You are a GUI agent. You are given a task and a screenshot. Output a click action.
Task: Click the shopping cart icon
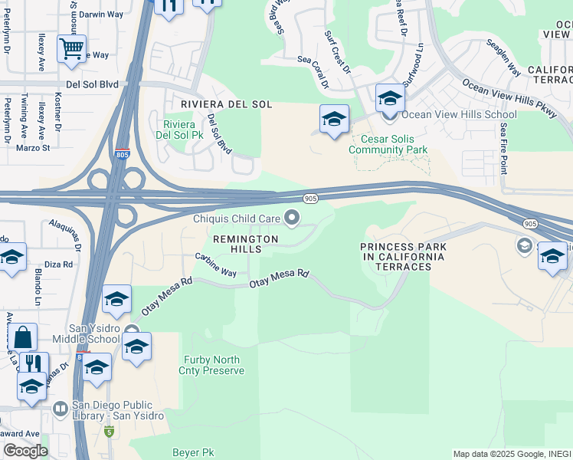(x=71, y=49)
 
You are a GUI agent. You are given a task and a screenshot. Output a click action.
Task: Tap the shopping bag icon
(x=24, y=337)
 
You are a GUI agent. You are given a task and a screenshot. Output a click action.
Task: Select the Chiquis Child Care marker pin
(x=292, y=219)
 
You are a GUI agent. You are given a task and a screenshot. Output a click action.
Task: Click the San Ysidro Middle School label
(x=86, y=333)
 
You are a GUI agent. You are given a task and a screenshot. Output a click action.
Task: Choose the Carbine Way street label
(x=215, y=264)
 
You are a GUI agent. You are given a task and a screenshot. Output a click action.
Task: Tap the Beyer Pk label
(x=192, y=453)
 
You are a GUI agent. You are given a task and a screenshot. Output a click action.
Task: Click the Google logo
(x=25, y=451)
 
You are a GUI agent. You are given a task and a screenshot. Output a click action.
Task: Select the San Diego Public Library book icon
(x=60, y=408)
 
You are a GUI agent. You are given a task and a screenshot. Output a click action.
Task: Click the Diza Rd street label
(x=58, y=264)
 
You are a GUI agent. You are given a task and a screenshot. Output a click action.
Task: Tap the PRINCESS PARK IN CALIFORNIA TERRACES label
(x=403, y=256)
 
